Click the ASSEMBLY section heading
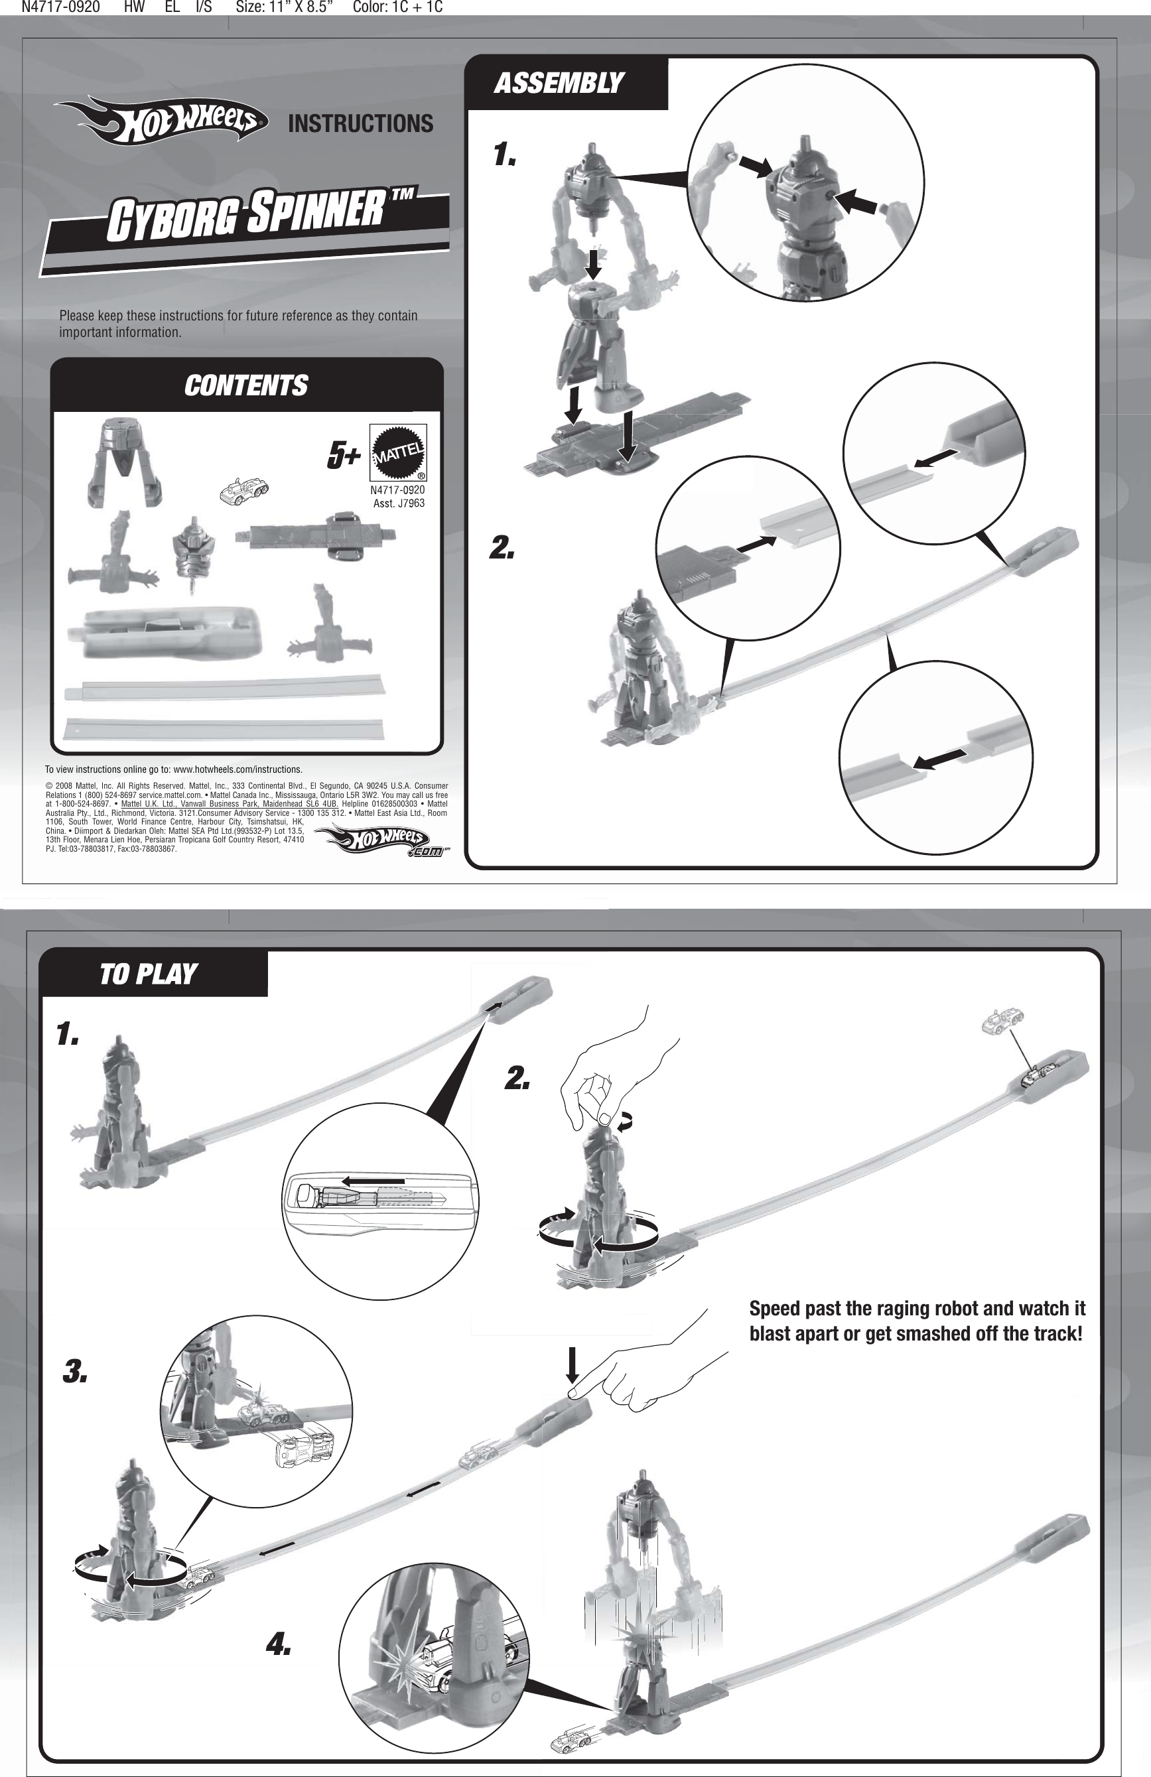tap(558, 83)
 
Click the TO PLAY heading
tap(148, 974)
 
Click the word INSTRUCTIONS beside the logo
tap(360, 124)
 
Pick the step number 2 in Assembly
tap(502, 548)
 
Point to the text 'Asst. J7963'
tap(398, 503)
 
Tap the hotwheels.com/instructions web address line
tap(173, 769)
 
